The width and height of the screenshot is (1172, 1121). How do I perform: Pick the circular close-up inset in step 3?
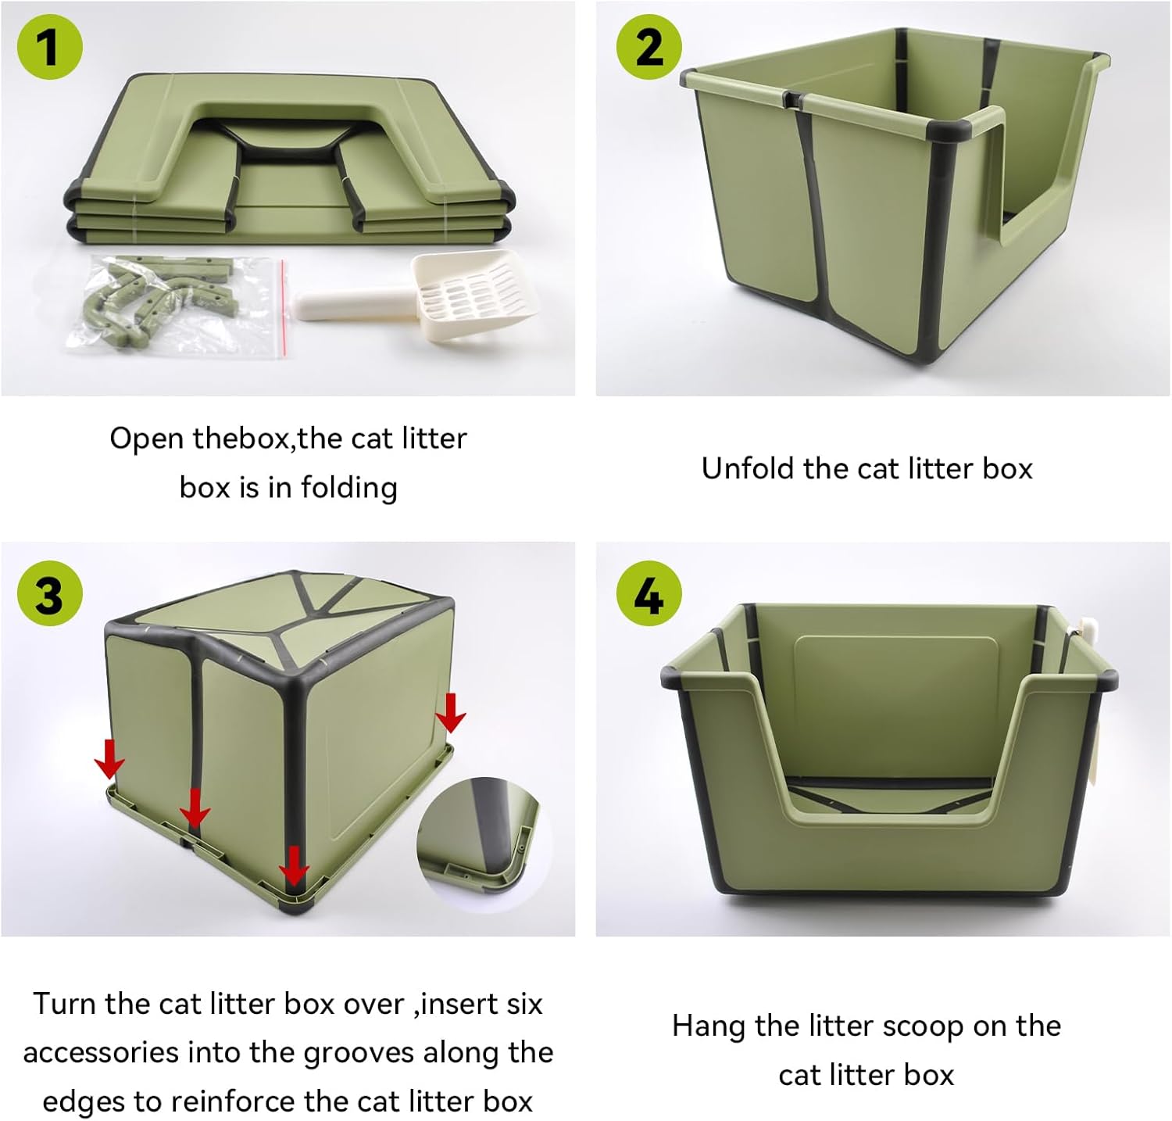pyautogui.click(x=484, y=845)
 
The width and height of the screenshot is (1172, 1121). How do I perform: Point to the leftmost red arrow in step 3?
pyautogui.click(x=109, y=757)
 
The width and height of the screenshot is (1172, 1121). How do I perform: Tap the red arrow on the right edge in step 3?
pyautogui.click(x=451, y=711)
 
